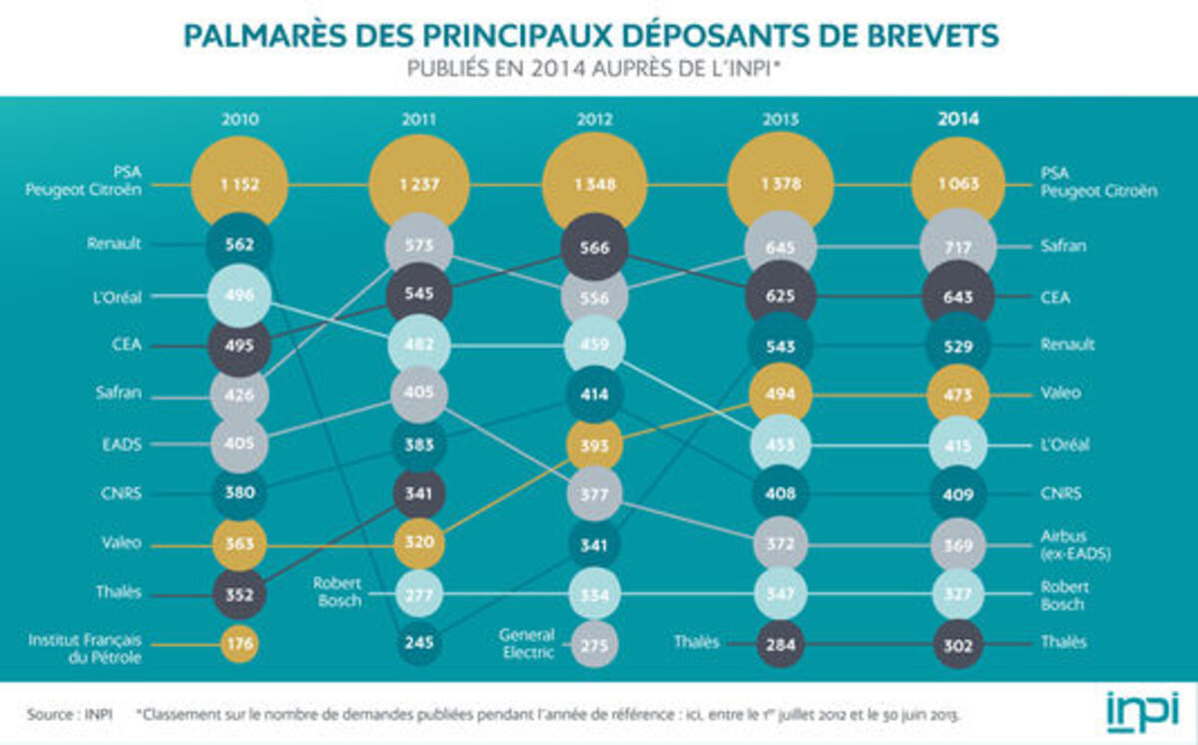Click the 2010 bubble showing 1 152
click(240, 185)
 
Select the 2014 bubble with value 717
click(958, 246)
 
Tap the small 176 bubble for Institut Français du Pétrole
click(240, 643)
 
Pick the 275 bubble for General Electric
click(594, 644)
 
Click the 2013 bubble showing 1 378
click(781, 185)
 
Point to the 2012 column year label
click(594, 119)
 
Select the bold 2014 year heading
click(958, 119)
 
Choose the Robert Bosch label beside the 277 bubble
click(336, 591)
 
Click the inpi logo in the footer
click(1141, 711)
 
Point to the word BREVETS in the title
click(932, 36)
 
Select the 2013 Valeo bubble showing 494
click(781, 393)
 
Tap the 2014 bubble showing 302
click(958, 644)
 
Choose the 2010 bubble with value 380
click(240, 493)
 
